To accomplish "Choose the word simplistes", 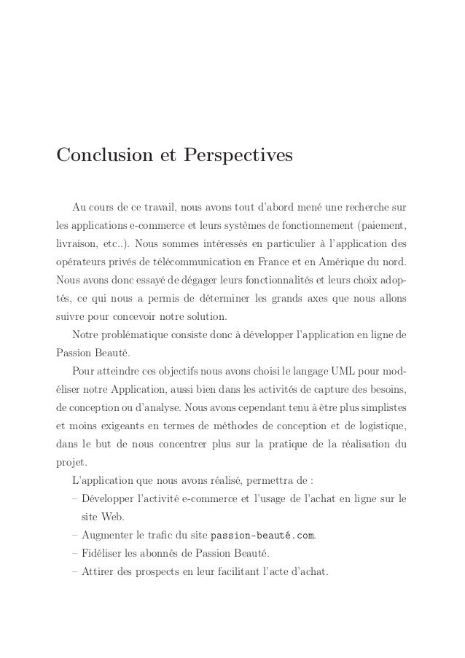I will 378,404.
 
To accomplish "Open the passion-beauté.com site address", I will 262,538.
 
